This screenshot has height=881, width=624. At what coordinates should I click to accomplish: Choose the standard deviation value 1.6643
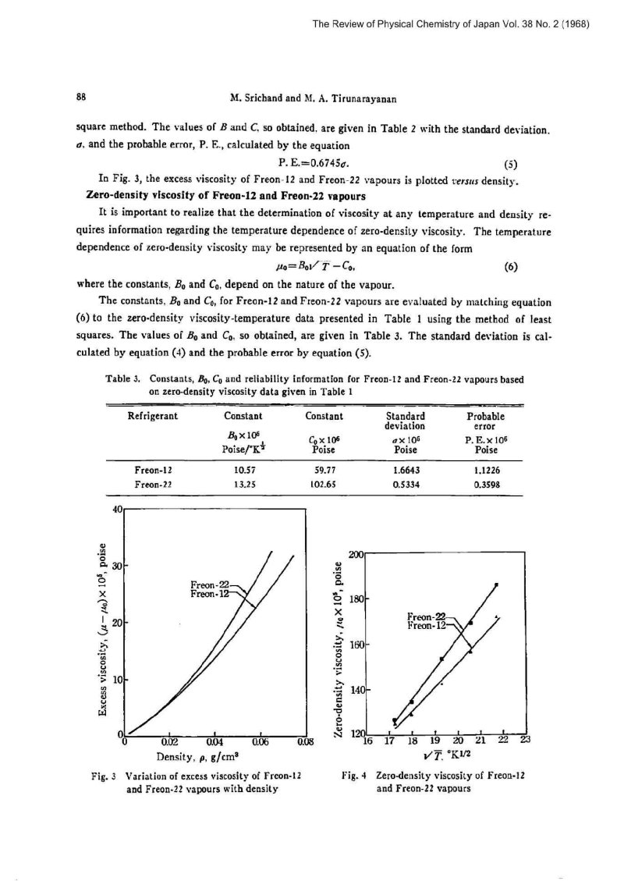pyautogui.click(x=408, y=471)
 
